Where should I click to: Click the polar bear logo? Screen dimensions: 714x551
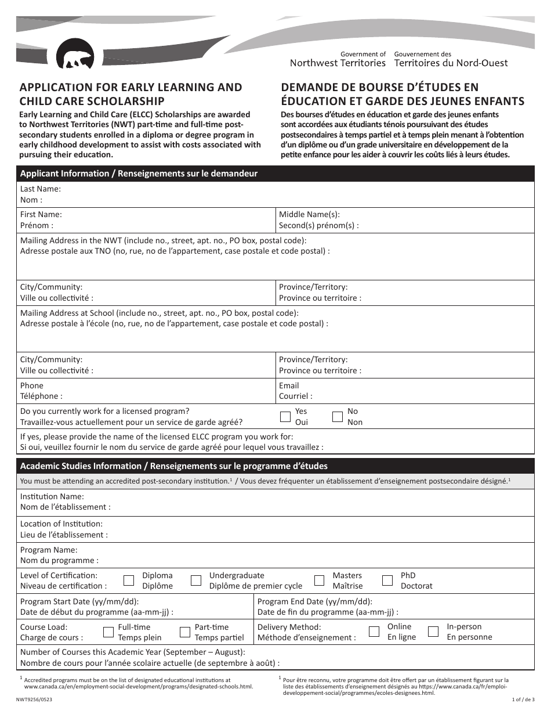pos(75,55)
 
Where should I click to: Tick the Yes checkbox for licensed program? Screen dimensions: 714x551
pos(285,416)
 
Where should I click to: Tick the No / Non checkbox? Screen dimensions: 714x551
pos(338,416)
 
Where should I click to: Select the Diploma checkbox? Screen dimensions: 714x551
pos(129,580)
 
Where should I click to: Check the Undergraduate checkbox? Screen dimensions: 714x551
pos(197,580)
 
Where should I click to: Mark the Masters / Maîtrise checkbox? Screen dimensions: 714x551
pos(319,580)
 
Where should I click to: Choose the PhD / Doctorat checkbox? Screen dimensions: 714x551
pos(387,580)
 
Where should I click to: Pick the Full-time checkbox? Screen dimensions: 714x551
pos(108,632)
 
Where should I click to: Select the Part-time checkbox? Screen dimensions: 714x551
pos(185,632)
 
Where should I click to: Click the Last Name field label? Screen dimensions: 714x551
pos(40,189)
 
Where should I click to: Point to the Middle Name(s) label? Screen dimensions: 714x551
pos(309,214)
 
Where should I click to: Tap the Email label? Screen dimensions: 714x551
pos(289,385)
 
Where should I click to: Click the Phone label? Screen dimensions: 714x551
pos(32,385)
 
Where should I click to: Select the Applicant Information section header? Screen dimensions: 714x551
pos(139,174)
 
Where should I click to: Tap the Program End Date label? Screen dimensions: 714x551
pos(314,601)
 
